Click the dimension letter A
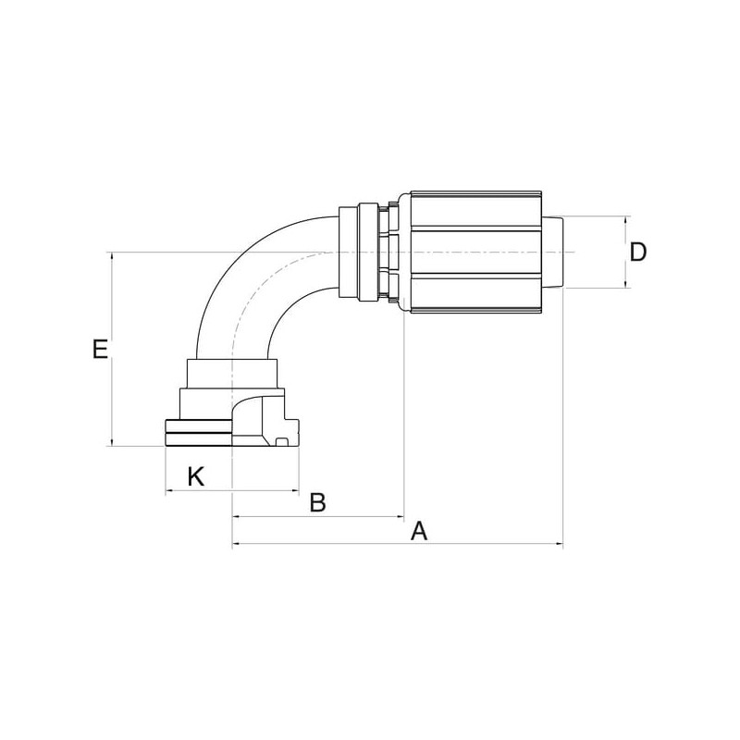pyautogui.click(x=419, y=530)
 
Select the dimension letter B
pyautogui.click(x=317, y=502)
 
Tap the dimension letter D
pyautogui.click(x=638, y=253)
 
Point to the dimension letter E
pyautogui.click(x=100, y=350)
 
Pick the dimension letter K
pyautogui.click(x=196, y=476)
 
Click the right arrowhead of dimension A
pyautogui.click(x=561, y=544)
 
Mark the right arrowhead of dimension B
pyautogui.click(x=401, y=517)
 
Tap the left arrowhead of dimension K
pyautogui.click(x=168, y=491)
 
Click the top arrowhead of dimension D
pyautogui.click(x=627, y=220)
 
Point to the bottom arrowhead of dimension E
pyautogui.click(x=112, y=442)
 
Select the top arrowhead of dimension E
pyautogui.click(x=112, y=256)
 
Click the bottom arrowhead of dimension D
pyautogui.click(x=627, y=285)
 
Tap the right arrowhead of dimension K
pyautogui.click(x=295, y=491)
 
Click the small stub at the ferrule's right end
pyautogui.click(x=552, y=252)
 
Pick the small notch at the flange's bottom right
pyautogui.click(x=282, y=442)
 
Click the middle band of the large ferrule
pyautogui.click(x=476, y=253)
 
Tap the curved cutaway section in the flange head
pyautogui.click(x=247, y=417)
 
